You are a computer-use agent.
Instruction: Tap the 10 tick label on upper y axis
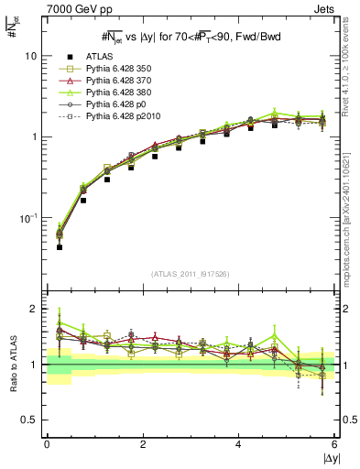click(30, 56)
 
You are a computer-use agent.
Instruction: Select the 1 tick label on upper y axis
click(34, 137)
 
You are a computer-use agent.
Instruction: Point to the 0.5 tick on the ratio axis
click(28, 420)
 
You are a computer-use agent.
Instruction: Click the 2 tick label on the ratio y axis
click(34, 310)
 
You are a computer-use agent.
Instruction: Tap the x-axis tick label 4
click(239, 444)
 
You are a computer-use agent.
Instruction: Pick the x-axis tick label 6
click(335, 444)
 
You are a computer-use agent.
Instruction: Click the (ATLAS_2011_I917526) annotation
click(191, 274)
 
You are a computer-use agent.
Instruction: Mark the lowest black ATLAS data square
click(60, 247)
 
